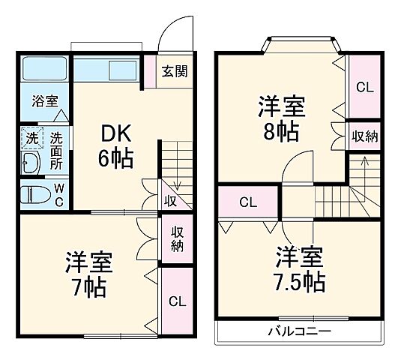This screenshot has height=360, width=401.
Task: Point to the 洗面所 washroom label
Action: coord(57,150)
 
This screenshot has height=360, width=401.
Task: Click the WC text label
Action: coord(58,194)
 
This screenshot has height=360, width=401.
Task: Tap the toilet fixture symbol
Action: coord(34,193)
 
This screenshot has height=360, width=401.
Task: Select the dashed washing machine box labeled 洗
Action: coord(31,139)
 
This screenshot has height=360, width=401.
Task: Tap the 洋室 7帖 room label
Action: coord(88,274)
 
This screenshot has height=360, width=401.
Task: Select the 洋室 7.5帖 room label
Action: coord(299,267)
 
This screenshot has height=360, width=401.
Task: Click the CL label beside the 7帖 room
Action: coord(177,302)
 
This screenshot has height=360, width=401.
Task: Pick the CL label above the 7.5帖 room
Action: coord(248,202)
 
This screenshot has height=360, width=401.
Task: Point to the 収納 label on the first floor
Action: coord(177,239)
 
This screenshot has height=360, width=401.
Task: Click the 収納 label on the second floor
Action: coord(364,136)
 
